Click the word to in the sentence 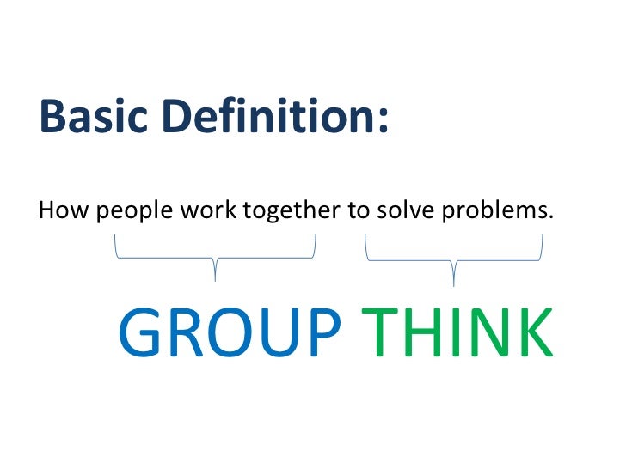[357, 210]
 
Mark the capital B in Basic [53, 117]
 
